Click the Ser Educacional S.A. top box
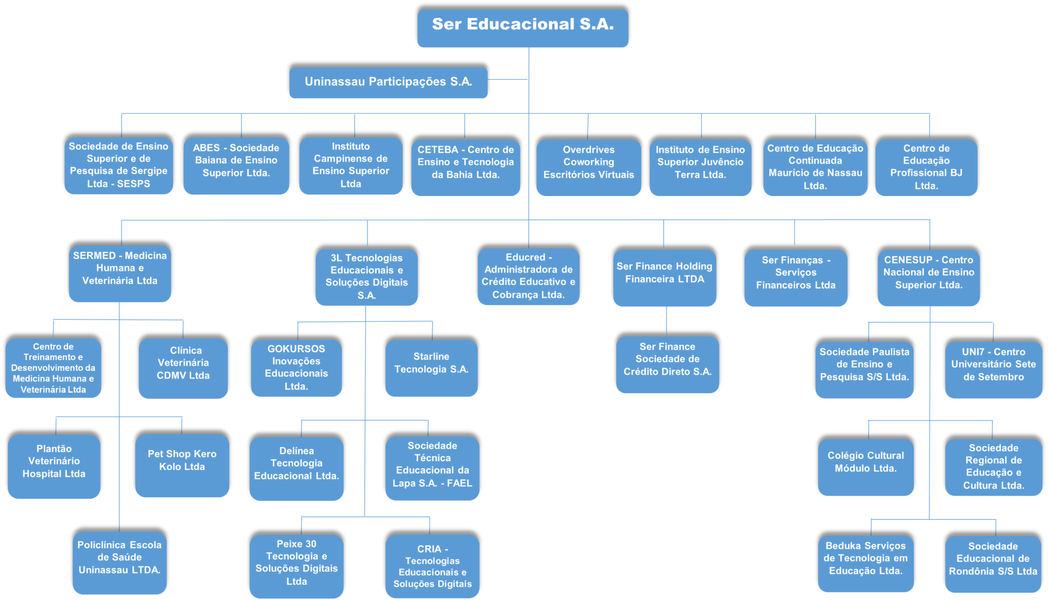[522, 28]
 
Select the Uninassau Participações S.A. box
[388, 82]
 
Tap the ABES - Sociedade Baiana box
[236, 166]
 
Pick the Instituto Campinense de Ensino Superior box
[351, 166]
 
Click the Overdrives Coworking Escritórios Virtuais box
[588, 167]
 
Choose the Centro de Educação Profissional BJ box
[926, 167]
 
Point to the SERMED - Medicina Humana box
[120, 274]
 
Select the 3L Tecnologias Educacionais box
[366, 277]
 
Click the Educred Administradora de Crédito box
[528, 276]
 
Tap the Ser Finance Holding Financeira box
[664, 278]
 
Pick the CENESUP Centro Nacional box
[928, 278]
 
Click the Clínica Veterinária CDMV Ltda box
[183, 368]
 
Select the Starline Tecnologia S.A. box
[431, 368]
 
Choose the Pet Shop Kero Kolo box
[182, 465]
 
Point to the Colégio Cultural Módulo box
[865, 466]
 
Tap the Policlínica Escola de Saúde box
[119, 562]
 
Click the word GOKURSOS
[296, 349]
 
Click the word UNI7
[973, 352]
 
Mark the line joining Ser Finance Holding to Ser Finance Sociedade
[666, 321]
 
